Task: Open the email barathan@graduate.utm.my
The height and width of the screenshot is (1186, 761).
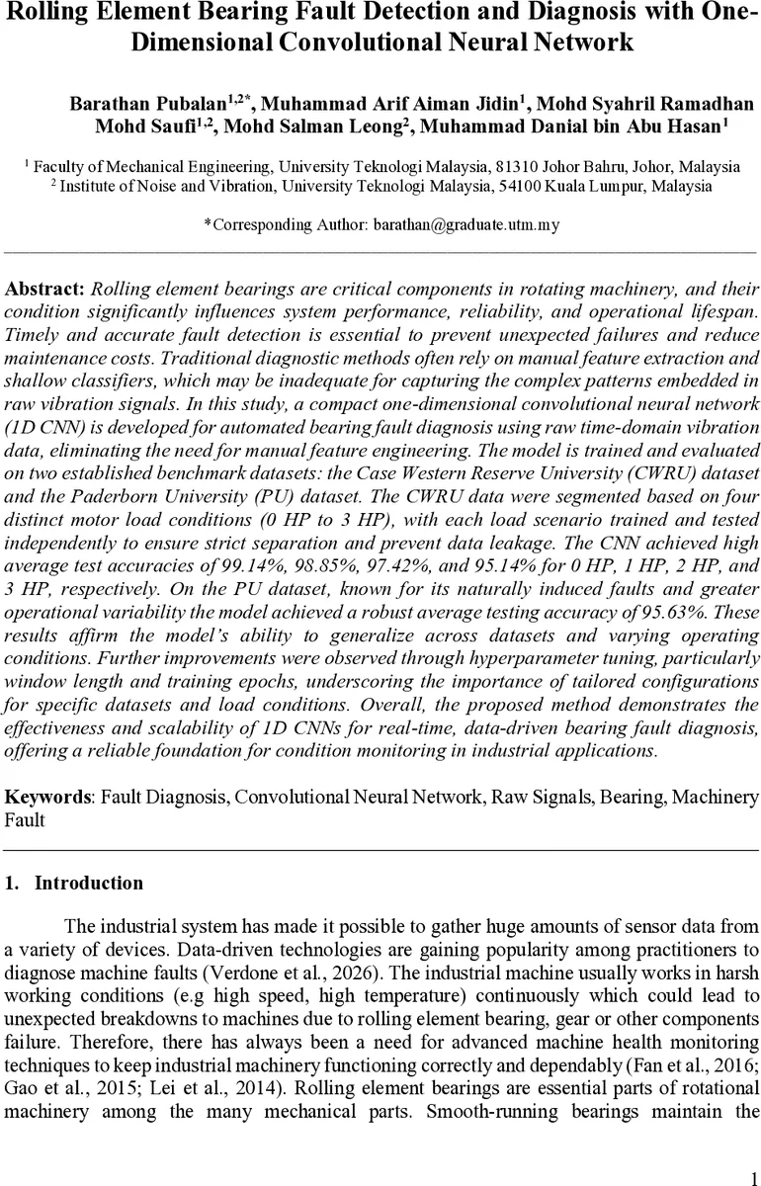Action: point(465,224)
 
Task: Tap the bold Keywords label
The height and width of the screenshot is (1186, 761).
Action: point(46,797)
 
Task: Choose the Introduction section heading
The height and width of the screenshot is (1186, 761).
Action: point(88,884)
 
